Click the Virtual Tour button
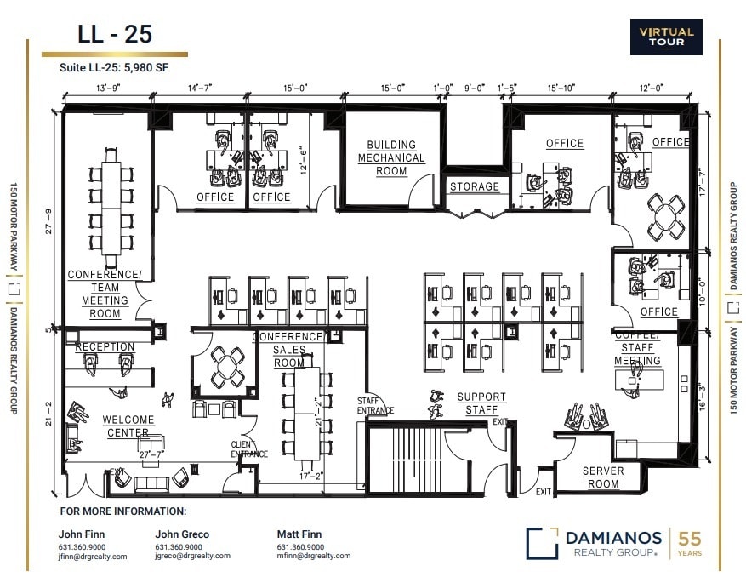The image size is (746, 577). pos(666,37)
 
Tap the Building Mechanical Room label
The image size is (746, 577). pos(391,158)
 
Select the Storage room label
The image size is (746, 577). pos(474,186)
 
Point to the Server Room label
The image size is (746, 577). pos(603,477)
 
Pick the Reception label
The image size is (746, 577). pos(105,347)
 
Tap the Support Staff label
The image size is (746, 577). pos(481,403)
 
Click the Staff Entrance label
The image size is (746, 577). pos(375,406)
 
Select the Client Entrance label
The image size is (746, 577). pos(249,449)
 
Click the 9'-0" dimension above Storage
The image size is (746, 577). pos(474,87)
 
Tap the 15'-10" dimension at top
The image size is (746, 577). pos(562,87)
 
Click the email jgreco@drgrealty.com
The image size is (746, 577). pos(192,557)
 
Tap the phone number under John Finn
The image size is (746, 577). pos(83,546)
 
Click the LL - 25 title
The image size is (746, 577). pos(114,35)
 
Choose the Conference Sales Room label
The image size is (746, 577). pos(288,350)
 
